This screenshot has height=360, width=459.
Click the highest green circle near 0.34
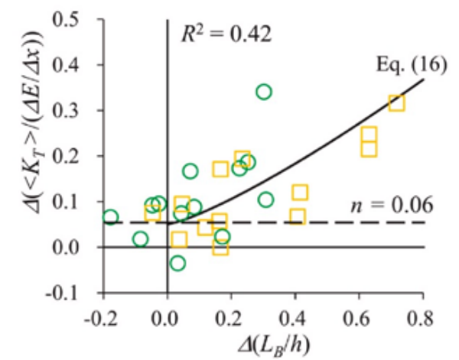point(264,92)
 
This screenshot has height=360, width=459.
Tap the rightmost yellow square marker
point(396,103)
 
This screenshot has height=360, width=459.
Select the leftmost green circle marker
point(111,217)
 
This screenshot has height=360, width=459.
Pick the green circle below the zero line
point(178,263)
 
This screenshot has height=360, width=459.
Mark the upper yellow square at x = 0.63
point(369,135)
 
